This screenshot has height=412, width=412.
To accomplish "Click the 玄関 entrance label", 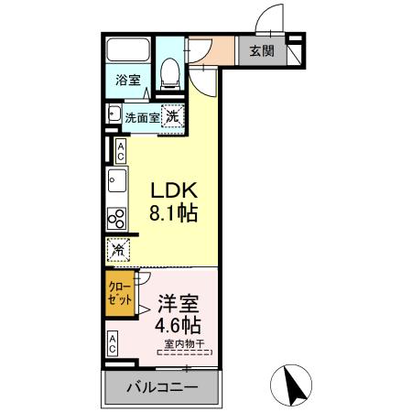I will (x=261, y=51).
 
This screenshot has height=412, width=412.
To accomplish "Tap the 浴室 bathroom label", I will (x=127, y=81).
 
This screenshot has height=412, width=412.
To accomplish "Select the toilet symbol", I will (x=169, y=71).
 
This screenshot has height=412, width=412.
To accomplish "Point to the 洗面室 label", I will (x=142, y=117).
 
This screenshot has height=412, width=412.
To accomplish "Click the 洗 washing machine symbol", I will (x=172, y=115).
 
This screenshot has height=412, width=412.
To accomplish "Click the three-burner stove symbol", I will (x=117, y=219).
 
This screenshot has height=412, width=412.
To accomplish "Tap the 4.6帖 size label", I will (x=178, y=325).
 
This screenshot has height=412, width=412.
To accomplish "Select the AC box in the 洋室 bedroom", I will (x=113, y=344).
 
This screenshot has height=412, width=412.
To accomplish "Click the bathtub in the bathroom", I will (x=127, y=51).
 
